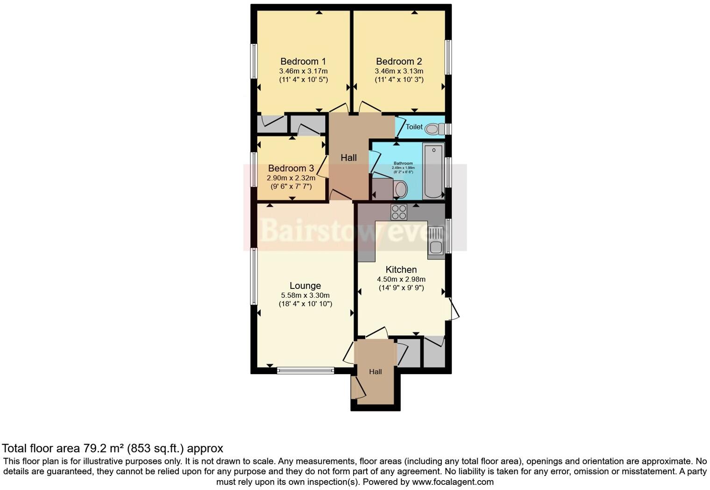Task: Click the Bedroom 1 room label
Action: (303, 61)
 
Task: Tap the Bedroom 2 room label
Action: (399, 61)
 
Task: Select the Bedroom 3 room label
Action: (291, 168)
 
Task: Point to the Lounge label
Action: (305, 286)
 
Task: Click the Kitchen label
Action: (401, 269)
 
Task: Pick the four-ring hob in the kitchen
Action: (399, 212)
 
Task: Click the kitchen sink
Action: (436, 242)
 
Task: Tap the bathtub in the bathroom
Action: (433, 171)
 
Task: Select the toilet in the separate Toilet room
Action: (434, 129)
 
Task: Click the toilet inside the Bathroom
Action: (400, 190)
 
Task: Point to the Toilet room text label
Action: (414, 127)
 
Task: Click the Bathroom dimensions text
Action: (403, 167)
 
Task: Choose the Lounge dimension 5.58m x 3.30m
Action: (305, 295)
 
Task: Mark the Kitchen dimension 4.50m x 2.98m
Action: (401, 279)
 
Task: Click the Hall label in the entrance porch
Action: (376, 372)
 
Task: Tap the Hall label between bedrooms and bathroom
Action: (348, 158)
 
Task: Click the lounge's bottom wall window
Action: (305, 371)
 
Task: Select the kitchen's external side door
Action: (453, 309)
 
